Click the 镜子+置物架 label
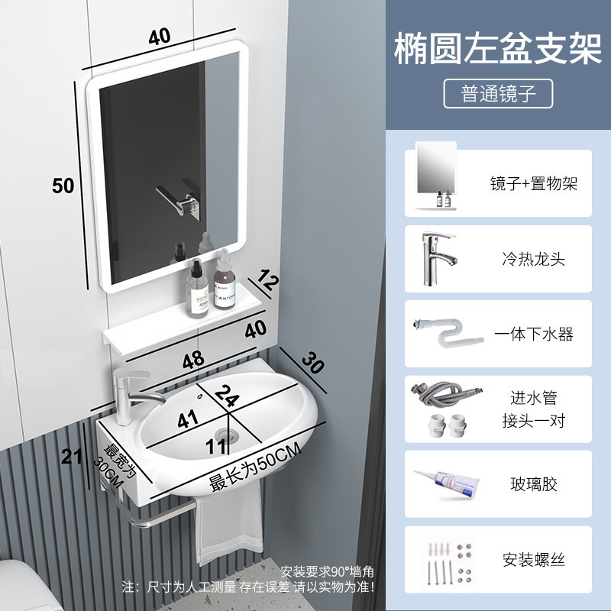534,183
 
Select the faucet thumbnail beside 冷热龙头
435,257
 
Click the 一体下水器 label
534,334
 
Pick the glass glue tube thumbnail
448,483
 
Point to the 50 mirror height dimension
63,185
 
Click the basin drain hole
226,435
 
